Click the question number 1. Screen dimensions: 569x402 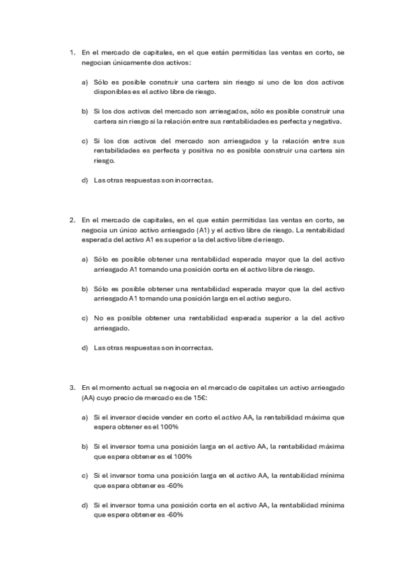(72, 52)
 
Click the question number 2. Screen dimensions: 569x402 (72, 219)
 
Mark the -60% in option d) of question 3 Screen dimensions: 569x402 (174, 515)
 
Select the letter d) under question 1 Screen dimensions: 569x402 (85, 180)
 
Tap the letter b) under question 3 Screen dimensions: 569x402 (85, 446)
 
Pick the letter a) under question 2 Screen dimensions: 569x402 (85, 259)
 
